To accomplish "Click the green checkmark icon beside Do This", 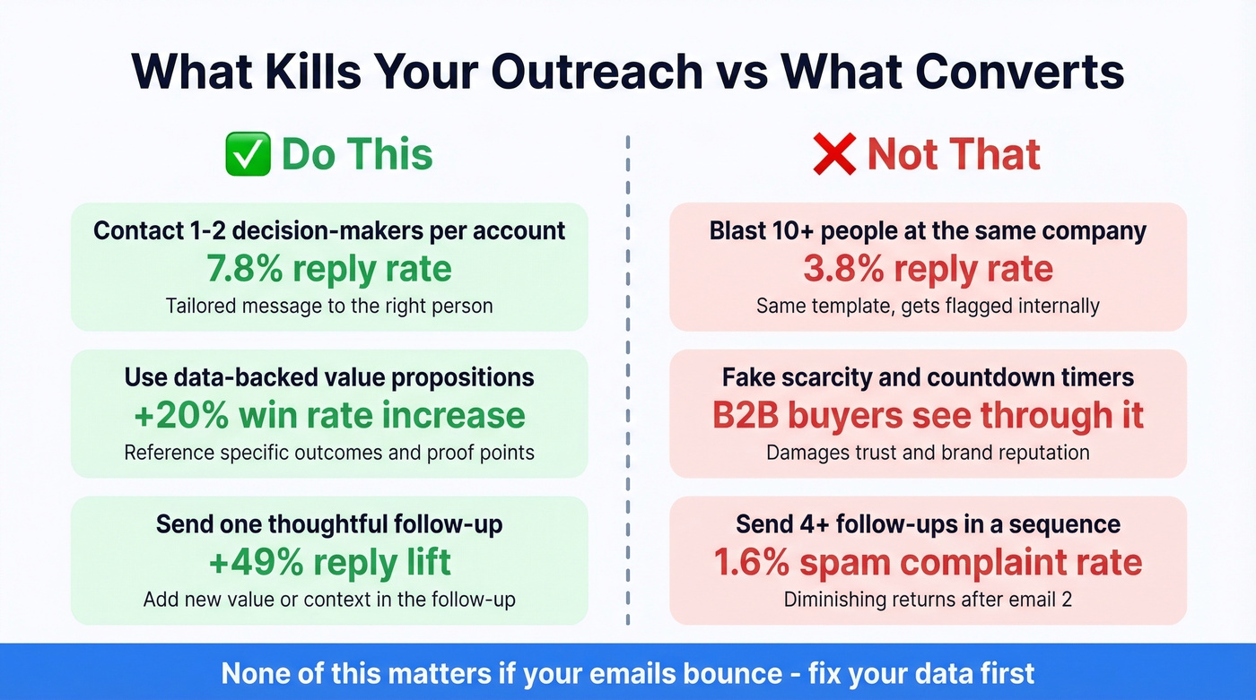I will click(248, 153).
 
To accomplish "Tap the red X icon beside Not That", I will click(834, 153).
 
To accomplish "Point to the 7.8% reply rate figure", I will click(329, 269).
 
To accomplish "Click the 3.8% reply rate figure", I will click(928, 269).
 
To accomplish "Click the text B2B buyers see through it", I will click(928, 415).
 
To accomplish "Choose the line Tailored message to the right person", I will click(329, 306).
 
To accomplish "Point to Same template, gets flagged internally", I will click(928, 306).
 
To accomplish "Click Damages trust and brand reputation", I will click(928, 453).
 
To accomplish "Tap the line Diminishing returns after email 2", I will click(928, 599).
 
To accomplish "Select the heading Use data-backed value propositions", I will click(329, 377).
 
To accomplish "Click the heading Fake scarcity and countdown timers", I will click(928, 377).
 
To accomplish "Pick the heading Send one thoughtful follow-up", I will click(329, 523).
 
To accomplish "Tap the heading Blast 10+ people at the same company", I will click(928, 230).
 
